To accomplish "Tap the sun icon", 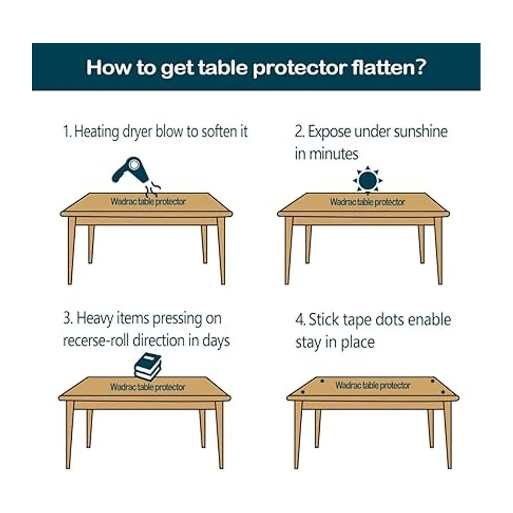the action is coord(368,180).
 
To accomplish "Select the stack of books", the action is coord(148,366).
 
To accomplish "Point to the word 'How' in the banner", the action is coord(109,68).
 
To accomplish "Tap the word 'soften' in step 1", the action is coord(216,132).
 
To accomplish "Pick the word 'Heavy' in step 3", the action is coord(95,319).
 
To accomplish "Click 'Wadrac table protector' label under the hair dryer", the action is coord(148,201).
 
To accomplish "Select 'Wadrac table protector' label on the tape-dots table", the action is coord(373,385).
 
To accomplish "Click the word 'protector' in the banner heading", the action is coord(300,68).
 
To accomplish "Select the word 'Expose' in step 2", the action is coord(329,132).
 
